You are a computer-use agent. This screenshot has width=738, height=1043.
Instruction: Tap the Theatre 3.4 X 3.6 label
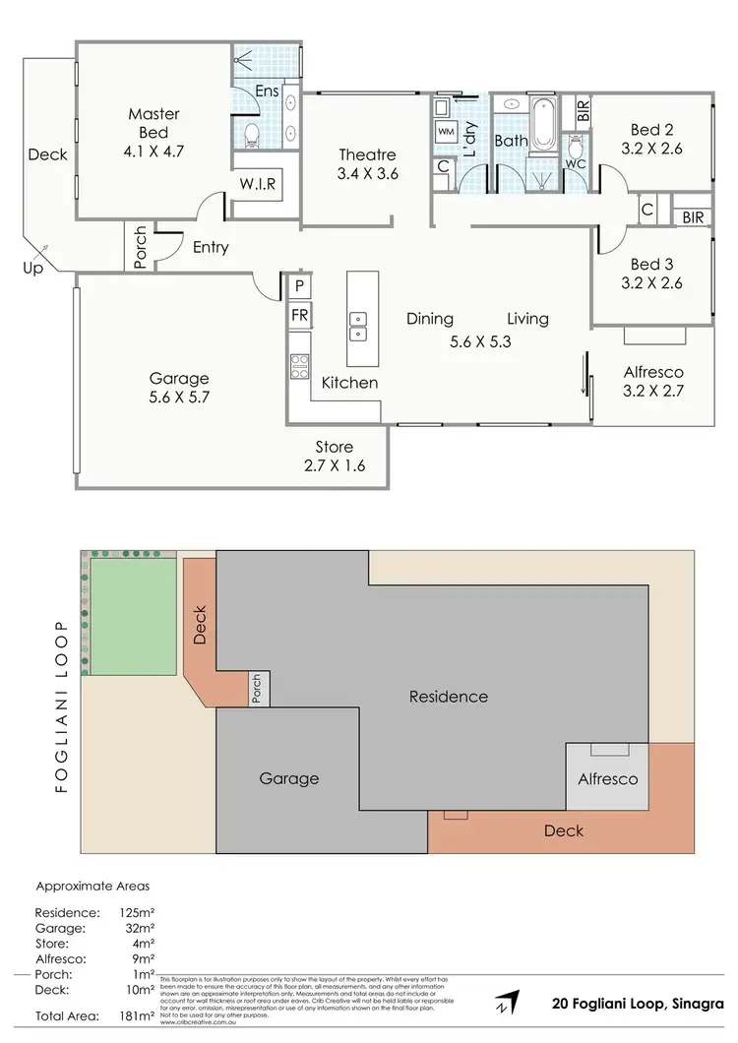367,164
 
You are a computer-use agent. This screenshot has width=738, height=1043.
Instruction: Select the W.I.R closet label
257,183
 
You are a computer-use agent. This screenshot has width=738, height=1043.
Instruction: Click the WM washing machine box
446,131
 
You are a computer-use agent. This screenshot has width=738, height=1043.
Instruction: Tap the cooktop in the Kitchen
298,365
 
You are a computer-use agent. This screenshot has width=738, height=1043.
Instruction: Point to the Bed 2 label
653,139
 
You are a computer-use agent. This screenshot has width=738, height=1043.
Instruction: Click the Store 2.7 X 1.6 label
336,457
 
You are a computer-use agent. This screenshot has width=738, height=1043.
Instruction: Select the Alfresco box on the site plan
607,777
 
